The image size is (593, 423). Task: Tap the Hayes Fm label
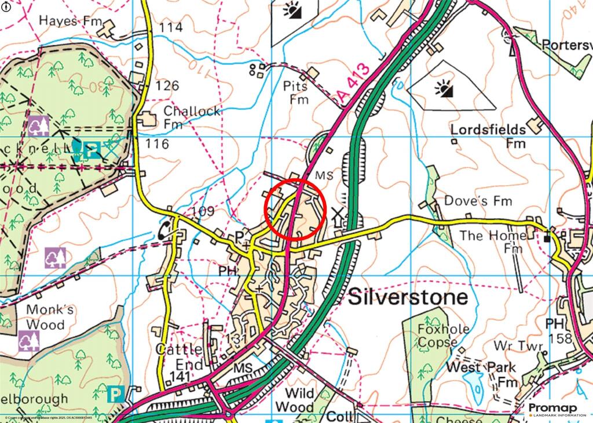[x=67, y=21]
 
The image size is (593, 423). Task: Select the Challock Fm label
[x=191, y=117]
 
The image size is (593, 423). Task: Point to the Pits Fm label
[x=298, y=93]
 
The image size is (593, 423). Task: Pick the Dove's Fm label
[x=478, y=201]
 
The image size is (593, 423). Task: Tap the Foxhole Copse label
[x=443, y=336]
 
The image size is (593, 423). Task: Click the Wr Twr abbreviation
[x=518, y=346]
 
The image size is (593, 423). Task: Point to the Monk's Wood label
[x=50, y=317]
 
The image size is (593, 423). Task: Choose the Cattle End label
[x=180, y=357]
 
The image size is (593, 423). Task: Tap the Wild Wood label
[x=295, y=400]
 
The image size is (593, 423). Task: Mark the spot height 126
[x=167, y=86]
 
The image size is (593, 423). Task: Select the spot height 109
[x=202, y=211]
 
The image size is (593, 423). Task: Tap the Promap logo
[x=556, y=410]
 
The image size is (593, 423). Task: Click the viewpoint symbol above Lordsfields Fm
[x=444, y=89]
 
